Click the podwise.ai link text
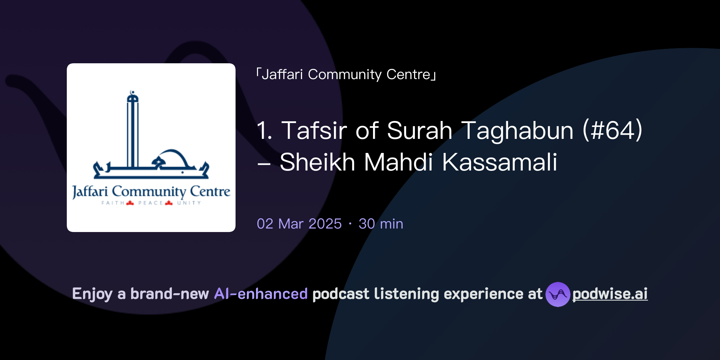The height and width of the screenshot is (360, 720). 610,294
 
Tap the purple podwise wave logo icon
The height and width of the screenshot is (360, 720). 558,294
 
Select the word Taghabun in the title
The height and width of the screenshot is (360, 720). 517,130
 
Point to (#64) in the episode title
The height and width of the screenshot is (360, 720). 612,130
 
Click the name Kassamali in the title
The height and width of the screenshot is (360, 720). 499,162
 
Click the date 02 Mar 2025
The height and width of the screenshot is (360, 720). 299,224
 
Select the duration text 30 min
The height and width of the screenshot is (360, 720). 381,224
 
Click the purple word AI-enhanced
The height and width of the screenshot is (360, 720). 261,294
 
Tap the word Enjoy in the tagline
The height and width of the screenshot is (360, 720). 92,294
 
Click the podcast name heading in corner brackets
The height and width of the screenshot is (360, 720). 346,75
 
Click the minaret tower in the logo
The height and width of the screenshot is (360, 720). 133,130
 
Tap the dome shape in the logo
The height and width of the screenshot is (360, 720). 172,156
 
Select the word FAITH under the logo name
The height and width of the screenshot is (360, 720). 112,203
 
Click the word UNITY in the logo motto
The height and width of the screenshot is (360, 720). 189,203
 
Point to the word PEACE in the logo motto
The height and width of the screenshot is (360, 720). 150,203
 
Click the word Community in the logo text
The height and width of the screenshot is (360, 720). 149,192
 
